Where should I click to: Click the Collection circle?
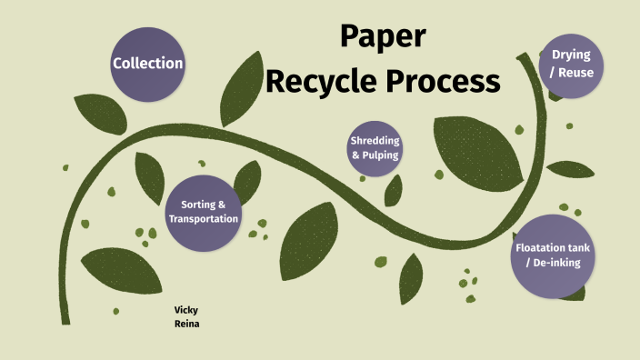147,64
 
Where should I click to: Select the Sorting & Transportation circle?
203,212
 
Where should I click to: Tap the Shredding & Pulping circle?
375,147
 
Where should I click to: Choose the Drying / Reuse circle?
571,65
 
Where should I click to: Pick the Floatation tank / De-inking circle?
553,255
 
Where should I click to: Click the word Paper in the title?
383,37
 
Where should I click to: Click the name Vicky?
186,309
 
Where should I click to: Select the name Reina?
186,323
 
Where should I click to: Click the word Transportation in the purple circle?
204,219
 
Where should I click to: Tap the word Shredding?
375,141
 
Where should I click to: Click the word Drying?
571,55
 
